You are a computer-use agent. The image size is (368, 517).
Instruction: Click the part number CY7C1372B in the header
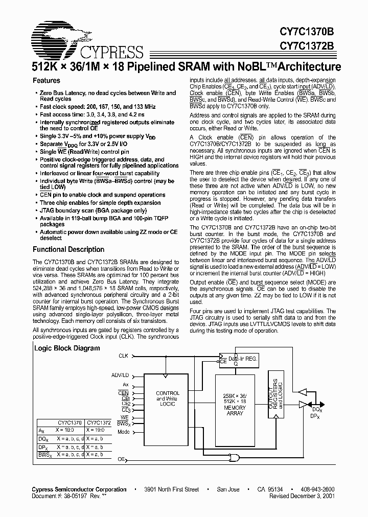[x=307, y=45]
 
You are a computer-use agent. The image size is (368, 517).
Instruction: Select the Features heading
[x=47, y=81]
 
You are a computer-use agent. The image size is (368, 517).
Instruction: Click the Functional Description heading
[x=68, y=250]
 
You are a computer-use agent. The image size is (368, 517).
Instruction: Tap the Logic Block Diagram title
[x=67, y=348]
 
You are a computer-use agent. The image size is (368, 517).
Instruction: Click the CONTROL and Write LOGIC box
[x=168, y=398]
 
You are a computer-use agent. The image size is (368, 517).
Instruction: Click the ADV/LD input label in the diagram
[x=120, y=375]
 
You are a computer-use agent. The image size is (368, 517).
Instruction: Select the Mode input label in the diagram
[x=123, y=432]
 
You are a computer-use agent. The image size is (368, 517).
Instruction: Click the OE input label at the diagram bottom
[x=122, y=459]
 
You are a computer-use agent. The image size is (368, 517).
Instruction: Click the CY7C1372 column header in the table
[x=99, y=422]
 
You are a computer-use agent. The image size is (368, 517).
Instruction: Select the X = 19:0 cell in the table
[x=95, y=430]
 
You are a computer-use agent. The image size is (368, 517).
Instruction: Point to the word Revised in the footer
[x=281, y=496]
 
